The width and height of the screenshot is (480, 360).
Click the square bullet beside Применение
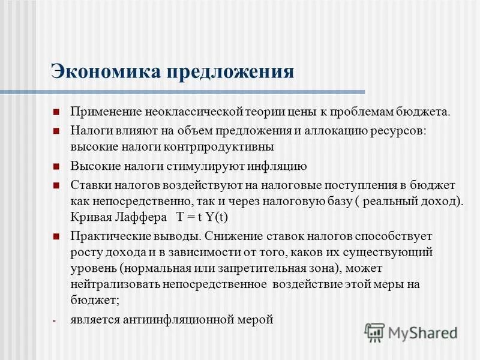tap(56, 112)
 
